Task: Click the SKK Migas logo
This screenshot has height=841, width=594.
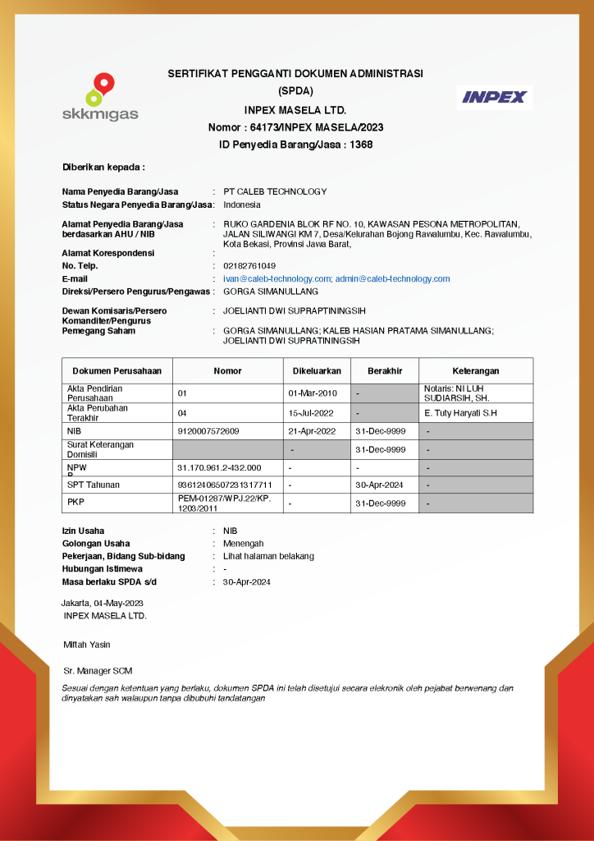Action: pos(100,97)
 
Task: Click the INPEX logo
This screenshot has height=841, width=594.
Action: pos(494,97)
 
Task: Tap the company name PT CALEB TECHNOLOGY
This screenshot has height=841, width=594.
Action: pos(275,191)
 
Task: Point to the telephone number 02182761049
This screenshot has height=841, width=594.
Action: pos(249,266)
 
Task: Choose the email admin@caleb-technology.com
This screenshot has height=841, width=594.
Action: pos(392,278)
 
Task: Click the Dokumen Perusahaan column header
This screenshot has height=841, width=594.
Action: pos(117,371)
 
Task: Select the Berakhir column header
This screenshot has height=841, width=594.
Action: pos(385,371)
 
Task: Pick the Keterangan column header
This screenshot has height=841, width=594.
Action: pos(476,371)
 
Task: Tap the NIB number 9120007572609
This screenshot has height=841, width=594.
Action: pos(208,431)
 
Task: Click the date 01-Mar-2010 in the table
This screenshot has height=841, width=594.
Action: pos(313,393)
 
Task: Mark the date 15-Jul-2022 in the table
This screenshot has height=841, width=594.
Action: pos(312,413)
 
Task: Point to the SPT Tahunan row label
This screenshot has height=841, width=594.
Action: pos(94,485)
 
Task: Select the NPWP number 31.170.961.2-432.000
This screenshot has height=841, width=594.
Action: pos(219,467)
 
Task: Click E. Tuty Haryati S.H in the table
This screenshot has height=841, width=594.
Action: pos(461,413)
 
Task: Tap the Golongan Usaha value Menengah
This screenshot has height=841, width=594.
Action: pos(244,544)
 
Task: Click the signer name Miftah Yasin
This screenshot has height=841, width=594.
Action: pos(87,645)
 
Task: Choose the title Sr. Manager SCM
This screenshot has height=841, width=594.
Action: pos(98,671)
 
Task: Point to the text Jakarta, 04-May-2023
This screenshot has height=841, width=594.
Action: pos(103,604)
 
